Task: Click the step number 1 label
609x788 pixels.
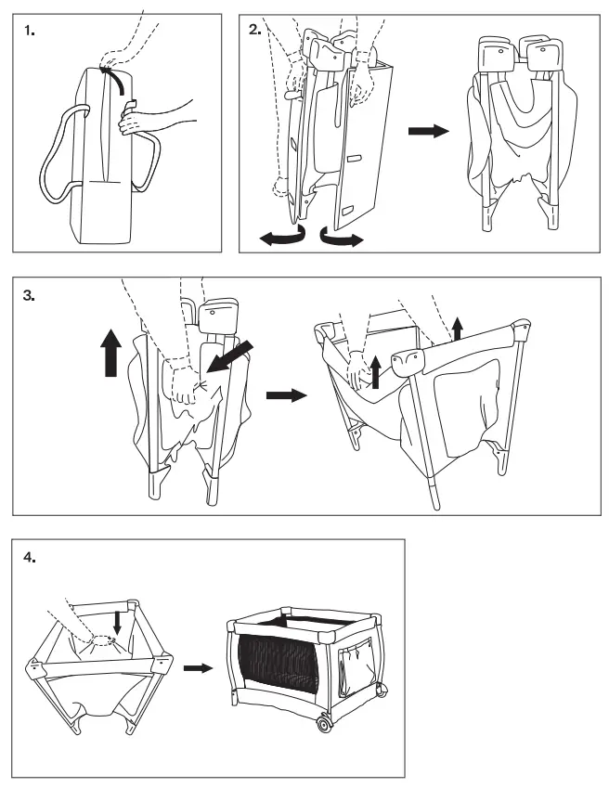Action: tap(30, 31)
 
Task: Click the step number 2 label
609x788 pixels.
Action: tap(256, 30)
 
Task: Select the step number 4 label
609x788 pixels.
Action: tap(30, 557)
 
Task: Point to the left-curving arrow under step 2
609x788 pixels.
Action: tap(279, 239)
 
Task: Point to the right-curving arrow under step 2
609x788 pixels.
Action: tap(341, 239)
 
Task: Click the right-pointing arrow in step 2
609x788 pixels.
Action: tap(428, 132)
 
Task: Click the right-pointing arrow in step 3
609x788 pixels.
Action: tap(284, 394)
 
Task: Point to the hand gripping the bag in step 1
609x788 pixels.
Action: tap(130, 122)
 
